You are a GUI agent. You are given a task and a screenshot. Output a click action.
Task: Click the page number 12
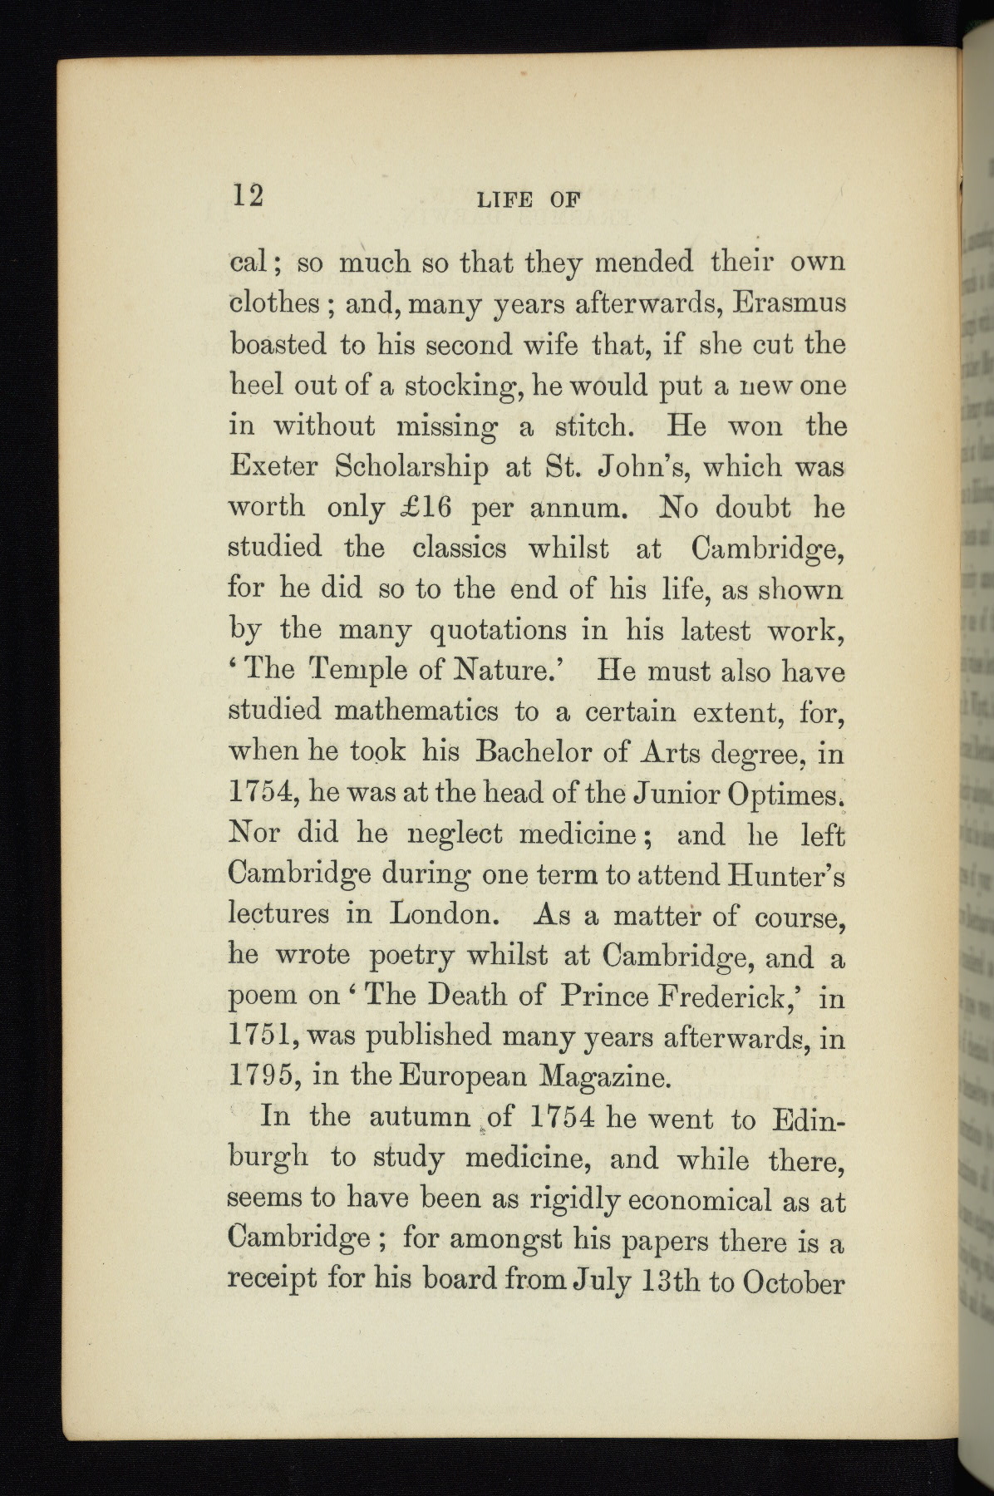[247, 196]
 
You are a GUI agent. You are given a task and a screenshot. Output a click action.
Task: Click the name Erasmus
[790, 303]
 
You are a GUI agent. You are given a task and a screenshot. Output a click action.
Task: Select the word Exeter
[273, 467]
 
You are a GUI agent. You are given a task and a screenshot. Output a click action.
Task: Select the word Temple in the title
[359, 672]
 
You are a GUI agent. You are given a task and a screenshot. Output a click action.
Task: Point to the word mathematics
[416, 711]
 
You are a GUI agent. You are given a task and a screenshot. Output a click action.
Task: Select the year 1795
[260, 1077]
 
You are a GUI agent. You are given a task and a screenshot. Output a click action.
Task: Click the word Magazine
[605, 1079]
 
